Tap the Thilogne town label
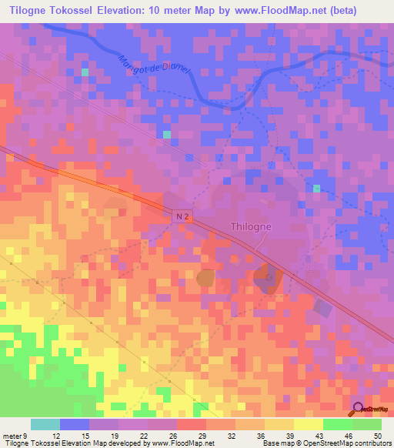click(x=252, y=227)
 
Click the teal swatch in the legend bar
click(x=45, y=424)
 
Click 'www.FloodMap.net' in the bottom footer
click(x=181, y=443)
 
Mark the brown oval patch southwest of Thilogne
click(x=206, y=277)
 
